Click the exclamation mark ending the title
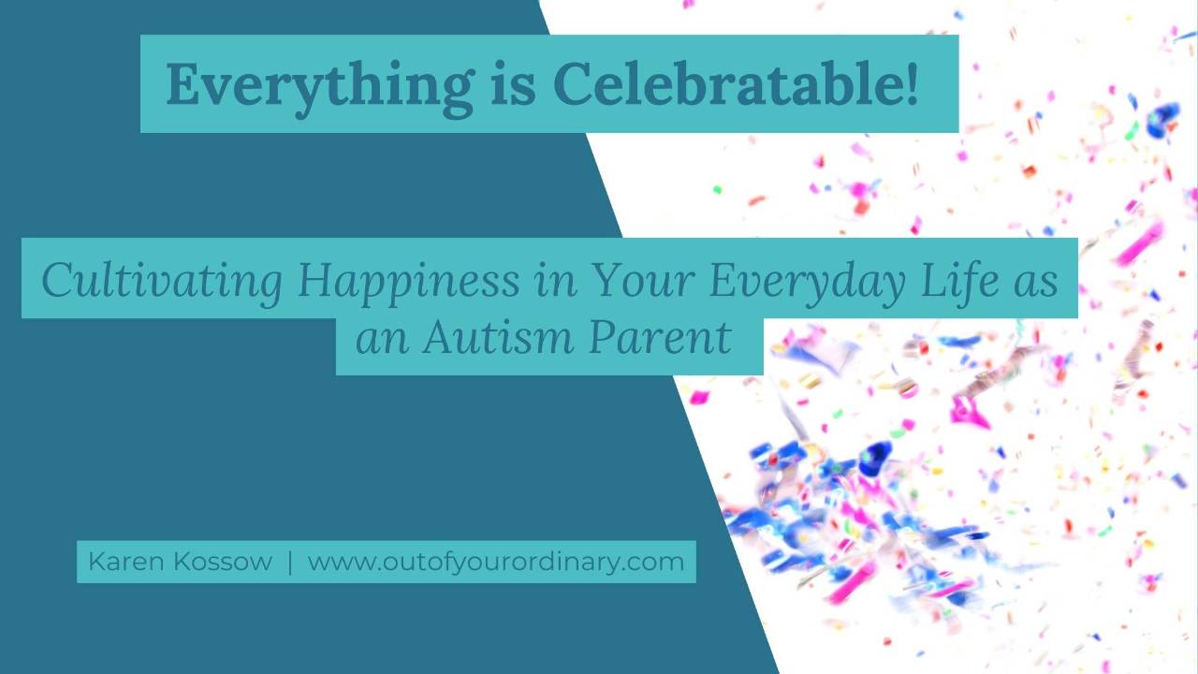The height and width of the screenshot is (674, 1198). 912,84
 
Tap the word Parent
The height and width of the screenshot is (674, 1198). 660,337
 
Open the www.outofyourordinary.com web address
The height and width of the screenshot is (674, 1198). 495,562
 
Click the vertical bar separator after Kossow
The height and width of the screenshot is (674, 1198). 290,562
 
